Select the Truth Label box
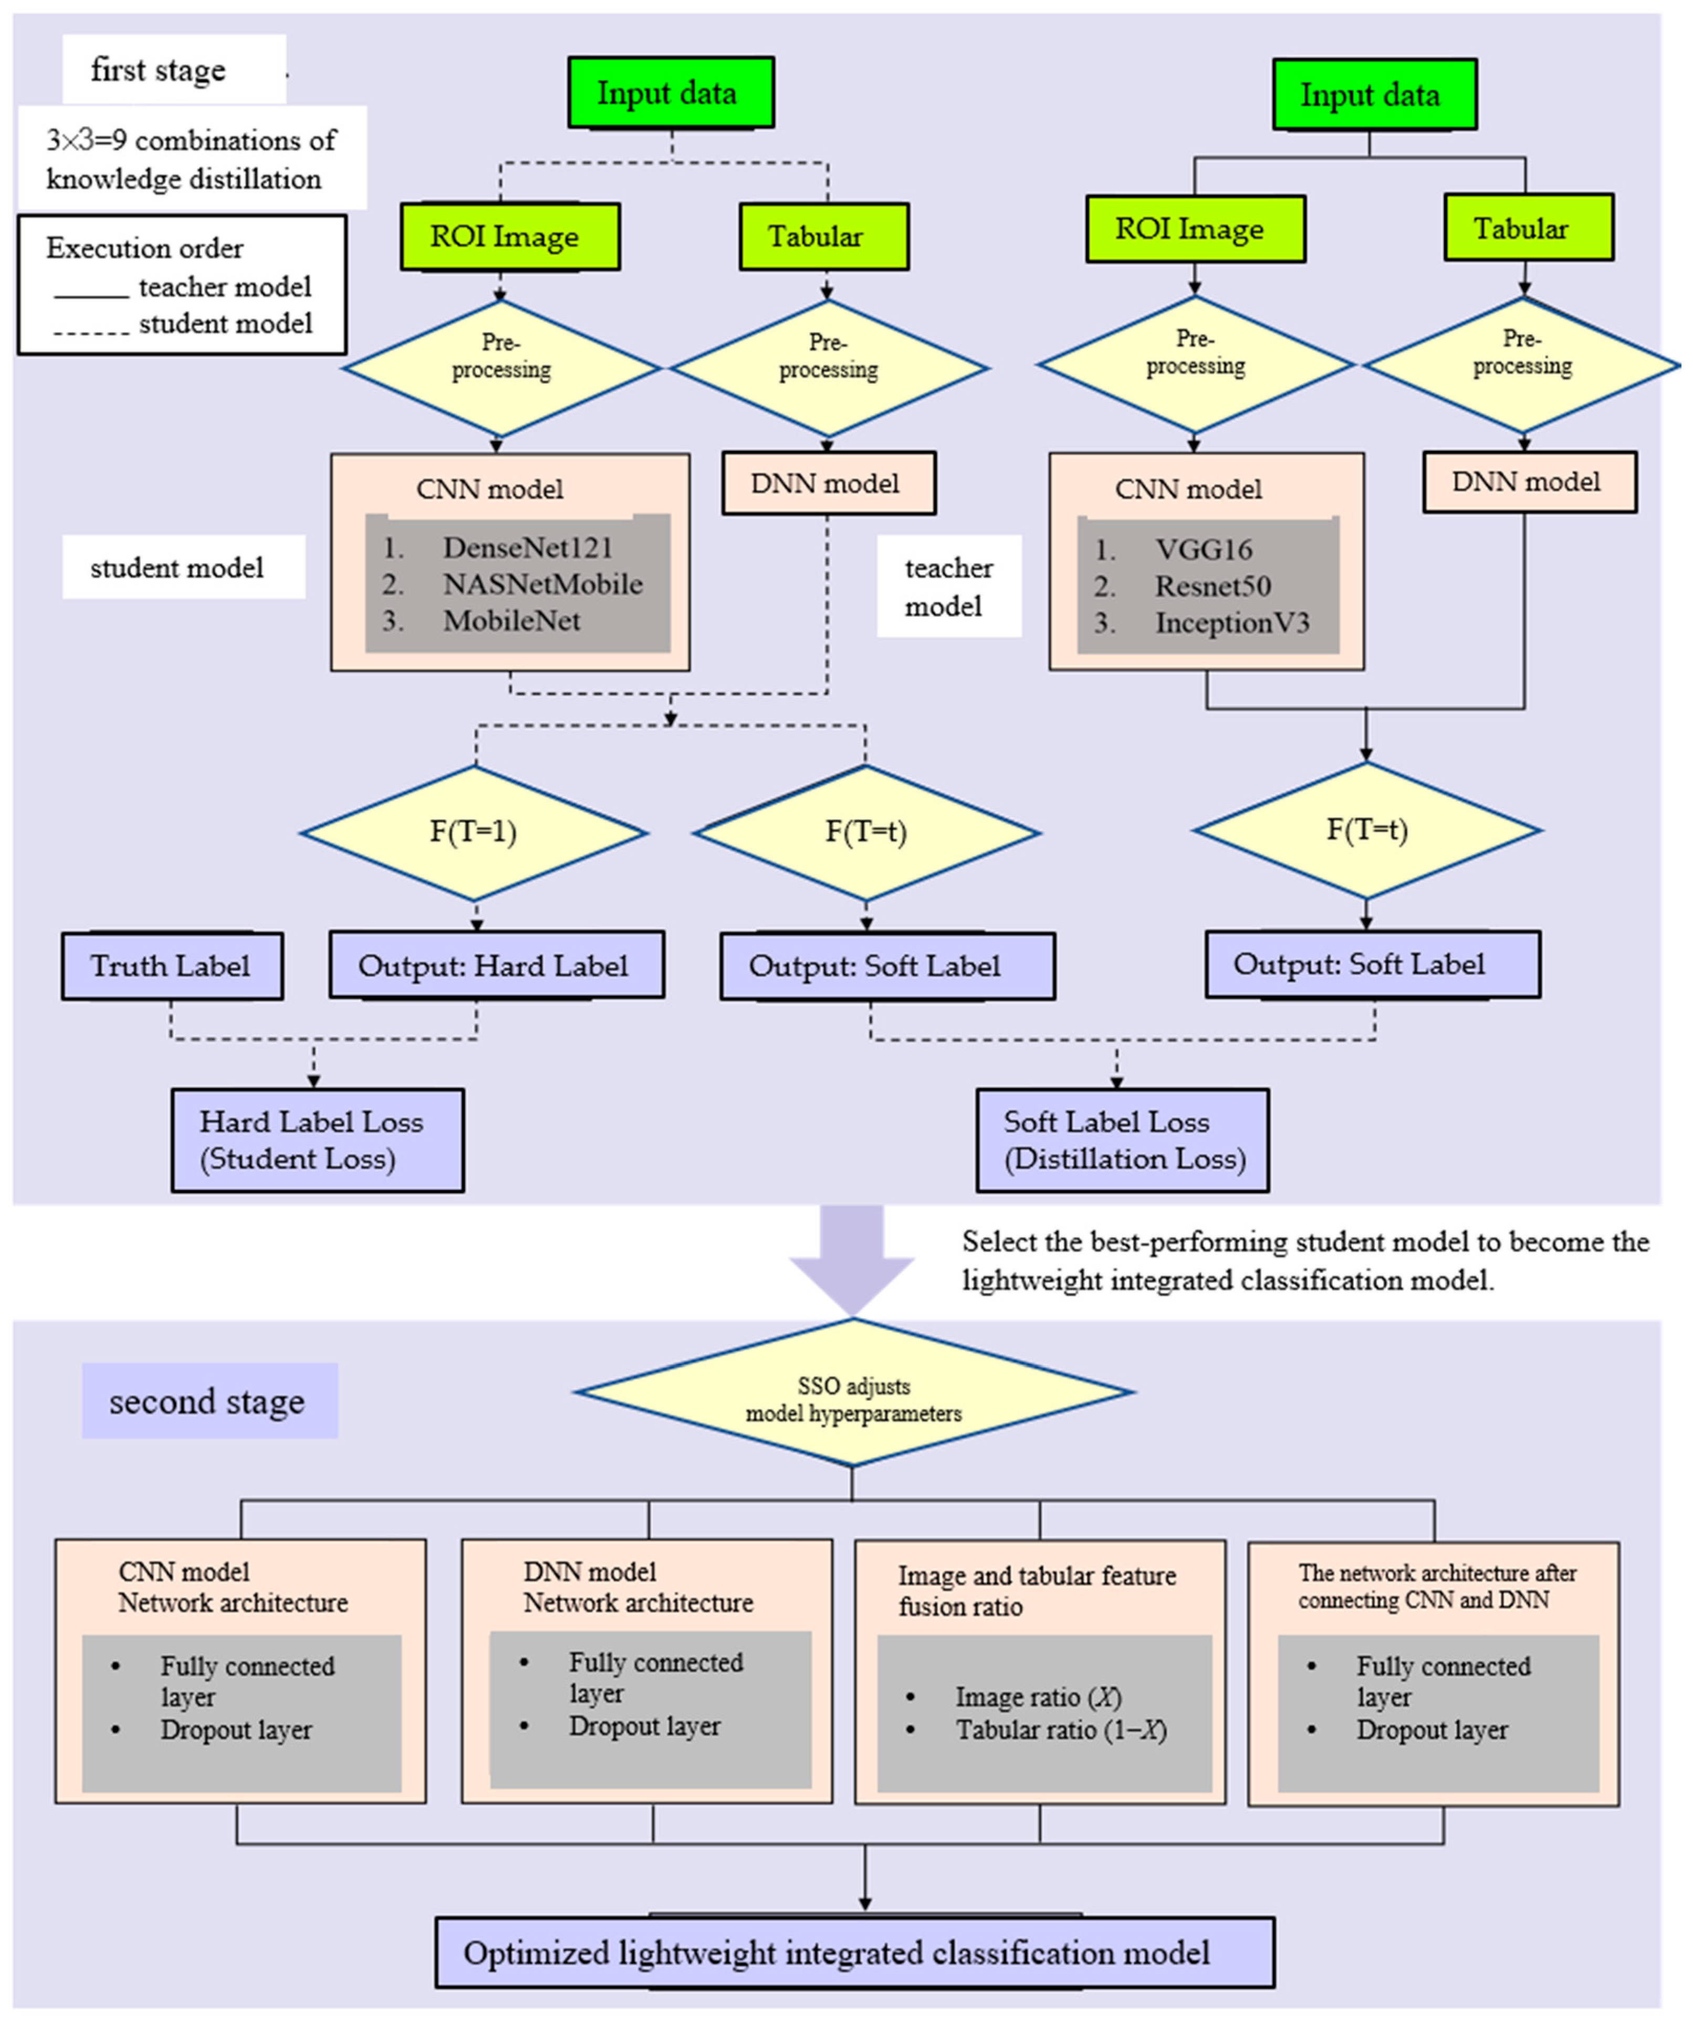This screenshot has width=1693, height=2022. pos(171,966)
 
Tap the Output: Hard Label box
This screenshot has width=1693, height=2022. pos(495,966)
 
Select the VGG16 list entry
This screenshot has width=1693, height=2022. pos(1203,550)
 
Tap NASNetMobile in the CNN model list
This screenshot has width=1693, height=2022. pos(542,584)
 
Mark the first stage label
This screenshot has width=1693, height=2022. pos(159,70)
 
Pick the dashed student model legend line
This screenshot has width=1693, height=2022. pos(91,332)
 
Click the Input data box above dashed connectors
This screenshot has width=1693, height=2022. pos(670,93)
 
